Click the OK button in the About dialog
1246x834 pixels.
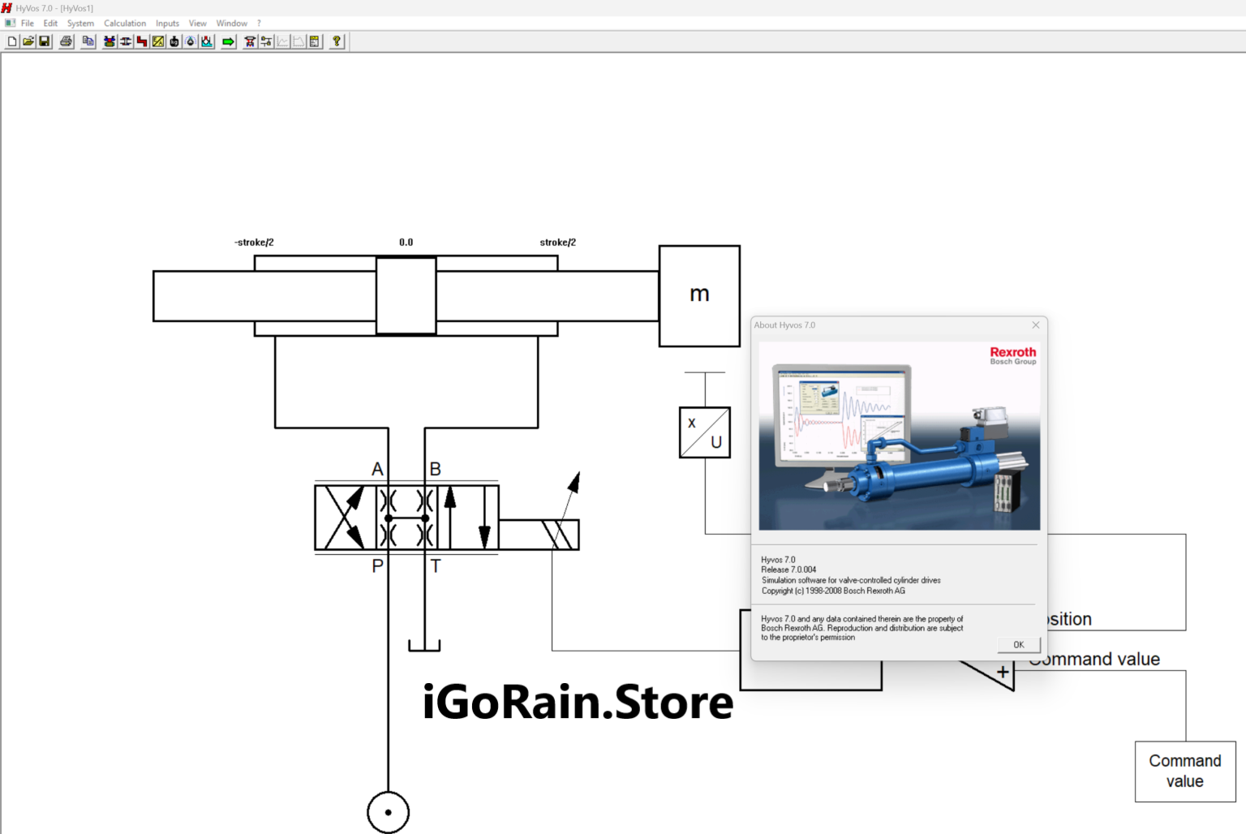pos(1018,644)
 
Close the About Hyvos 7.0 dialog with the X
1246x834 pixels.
pos(1035,325)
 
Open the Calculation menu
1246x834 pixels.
pos(125,24)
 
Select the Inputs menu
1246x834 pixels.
pos(167,24)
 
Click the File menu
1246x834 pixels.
pos(28,24)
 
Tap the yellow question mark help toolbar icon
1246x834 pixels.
pos(337,41)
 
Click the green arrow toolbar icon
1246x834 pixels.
pos(228,41)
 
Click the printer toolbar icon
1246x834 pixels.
pos(67,41)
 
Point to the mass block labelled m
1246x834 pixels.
pos(699,296)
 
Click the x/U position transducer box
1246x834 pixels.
pos(705,432)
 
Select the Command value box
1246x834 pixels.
pos(1185,772)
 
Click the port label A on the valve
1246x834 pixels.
pos(377,469)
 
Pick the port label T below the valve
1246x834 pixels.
pos(436,566)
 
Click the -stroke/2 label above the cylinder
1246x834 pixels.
pos(254,242)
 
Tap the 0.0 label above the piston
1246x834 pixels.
pos(406,242)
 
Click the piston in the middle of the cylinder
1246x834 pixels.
pos(406,295)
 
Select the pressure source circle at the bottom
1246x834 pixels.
pos(388,812)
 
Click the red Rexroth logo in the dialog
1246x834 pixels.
pos(1012,352)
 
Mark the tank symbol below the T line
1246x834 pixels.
pos(424,646)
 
